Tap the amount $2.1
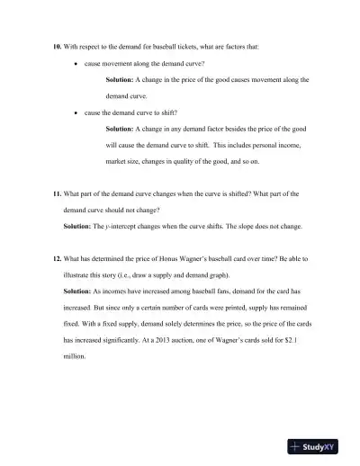pos(301,340)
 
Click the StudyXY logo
pos(319,446)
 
